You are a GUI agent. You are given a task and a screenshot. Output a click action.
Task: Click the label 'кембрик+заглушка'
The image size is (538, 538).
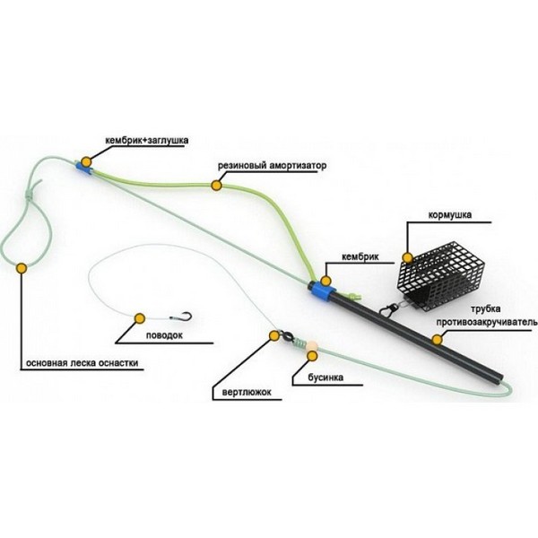147,141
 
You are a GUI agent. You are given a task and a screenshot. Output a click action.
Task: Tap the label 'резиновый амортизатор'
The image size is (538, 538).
272,166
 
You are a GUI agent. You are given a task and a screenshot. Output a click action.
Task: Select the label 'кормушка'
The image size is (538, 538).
450,215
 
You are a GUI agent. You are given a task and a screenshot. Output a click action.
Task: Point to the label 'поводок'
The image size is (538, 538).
164,334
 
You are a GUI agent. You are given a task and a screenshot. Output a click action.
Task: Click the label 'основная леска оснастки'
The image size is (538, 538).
82,363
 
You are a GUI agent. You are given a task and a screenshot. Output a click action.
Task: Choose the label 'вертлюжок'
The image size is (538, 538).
247,392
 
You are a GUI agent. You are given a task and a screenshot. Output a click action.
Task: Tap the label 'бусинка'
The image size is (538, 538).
325,377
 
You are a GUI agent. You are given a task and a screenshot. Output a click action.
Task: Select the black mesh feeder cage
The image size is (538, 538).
441,276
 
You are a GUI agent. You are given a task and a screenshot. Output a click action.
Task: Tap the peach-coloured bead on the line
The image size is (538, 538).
311,345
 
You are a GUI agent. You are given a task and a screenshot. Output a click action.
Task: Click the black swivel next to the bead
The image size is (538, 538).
288,338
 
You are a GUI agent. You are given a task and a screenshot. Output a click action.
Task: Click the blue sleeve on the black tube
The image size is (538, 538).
323,291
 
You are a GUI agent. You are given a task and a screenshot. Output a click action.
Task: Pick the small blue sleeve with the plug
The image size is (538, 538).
83,169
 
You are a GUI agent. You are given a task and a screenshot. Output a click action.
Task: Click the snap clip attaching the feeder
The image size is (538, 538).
390,309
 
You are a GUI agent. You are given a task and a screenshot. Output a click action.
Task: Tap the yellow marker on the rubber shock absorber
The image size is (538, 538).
216,186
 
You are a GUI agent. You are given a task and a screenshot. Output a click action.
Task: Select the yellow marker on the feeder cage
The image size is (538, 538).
408,257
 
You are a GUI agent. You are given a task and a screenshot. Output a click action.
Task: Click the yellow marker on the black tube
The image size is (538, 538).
437,340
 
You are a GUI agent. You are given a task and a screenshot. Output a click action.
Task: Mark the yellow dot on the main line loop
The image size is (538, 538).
22,268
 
